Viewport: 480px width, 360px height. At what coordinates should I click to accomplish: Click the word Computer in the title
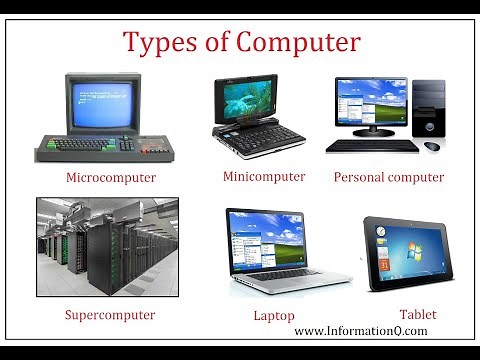point(297,44)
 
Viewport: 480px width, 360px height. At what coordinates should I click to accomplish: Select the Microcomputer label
point(111,178)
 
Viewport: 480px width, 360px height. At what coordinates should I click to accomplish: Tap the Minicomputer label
point(264,177)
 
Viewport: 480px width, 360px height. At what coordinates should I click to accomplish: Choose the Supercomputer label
point(110,315)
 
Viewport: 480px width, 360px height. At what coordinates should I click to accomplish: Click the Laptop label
point(274,316)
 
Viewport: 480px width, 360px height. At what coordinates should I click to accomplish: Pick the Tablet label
point(417,315)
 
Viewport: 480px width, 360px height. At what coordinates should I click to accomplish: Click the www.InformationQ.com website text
point(361,331)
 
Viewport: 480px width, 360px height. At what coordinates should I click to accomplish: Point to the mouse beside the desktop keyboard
point(432,146)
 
